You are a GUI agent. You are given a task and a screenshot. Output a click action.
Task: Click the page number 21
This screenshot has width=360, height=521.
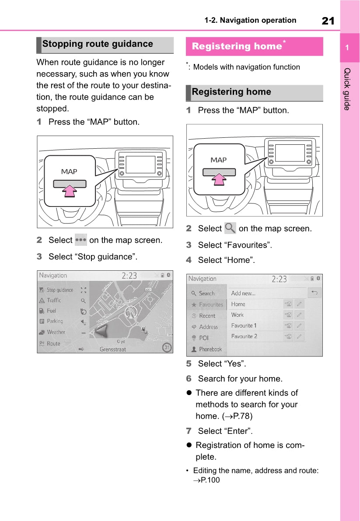(328, 21)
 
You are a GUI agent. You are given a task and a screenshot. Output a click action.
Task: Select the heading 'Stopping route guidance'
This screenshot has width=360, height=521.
(98, 44)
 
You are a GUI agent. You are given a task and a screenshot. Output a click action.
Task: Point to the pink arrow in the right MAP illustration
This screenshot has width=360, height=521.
(219, 178)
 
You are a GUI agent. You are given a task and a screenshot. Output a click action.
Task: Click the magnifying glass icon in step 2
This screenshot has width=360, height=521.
(230, 228)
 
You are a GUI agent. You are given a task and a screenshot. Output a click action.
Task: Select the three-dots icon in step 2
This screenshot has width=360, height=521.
(80, 240)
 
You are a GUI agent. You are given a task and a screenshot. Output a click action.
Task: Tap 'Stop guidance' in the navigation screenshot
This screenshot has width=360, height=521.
(59, 290)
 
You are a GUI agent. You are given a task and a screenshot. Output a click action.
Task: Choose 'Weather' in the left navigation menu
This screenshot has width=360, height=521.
(56, 332)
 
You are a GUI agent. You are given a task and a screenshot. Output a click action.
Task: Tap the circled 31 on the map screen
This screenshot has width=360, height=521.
(166, 348)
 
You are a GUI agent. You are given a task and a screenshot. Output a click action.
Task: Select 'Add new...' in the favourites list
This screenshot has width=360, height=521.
(243, 293)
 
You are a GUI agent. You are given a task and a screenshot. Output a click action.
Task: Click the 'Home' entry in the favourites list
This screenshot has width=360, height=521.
(238, 304)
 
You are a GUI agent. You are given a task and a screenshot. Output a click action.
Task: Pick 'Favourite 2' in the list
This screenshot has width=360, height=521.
(244, 336)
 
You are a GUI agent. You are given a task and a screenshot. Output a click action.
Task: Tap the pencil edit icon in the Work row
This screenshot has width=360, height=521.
(299, 315)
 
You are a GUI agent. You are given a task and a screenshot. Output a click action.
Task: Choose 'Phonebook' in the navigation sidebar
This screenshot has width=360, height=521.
(210, 349)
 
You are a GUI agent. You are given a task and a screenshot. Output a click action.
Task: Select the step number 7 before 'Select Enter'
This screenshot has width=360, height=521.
(189, 431)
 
